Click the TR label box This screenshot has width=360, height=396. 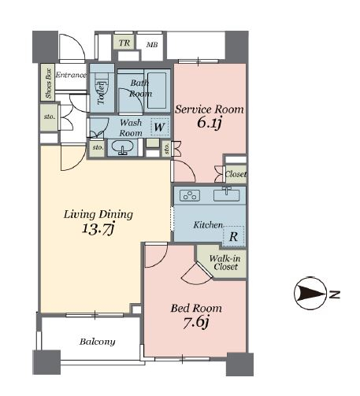tap(124, 43)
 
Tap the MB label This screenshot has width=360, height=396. tap(152, 45)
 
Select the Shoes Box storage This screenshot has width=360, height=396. tap(48, 83)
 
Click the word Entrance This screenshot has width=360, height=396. tap(71, 75)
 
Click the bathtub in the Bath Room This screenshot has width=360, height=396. tap(157, 91)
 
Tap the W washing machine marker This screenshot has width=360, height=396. tap(160, 127)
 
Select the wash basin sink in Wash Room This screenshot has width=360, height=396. tap(123, 147)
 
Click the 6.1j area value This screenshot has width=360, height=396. tap(210, 123)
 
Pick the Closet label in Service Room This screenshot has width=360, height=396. tap(236, 174)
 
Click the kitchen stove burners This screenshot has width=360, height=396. tap(190, 195)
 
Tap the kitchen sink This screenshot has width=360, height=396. tap(227, 195)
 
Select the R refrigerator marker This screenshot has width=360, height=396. tap(233, 236)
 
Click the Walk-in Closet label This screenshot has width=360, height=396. tap(225, 263)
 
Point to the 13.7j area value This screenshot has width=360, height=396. tap(98, 229)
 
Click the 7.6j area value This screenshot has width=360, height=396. tap(196, 323)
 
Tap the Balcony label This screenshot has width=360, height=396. tap(98, 342)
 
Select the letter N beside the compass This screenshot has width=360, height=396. tap(334, 294)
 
